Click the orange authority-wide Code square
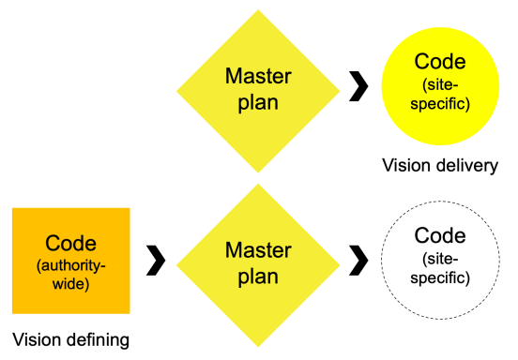coord(70,261)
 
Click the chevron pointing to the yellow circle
coord(358,89)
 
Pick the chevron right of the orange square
coord(156,260)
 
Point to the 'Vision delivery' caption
coord(439,166)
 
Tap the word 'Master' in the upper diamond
coord(258,76)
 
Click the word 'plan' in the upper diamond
coord(258,102)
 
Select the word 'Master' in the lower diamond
coord(258,250)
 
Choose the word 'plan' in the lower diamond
coord(258,277)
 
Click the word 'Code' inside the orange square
coord(70,243)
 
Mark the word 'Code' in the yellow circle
coord(440,63)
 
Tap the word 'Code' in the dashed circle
coord(440,235)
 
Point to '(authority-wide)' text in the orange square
coord(70,273)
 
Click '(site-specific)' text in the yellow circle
coord(440,95)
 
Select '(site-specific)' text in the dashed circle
coord(440,268)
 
